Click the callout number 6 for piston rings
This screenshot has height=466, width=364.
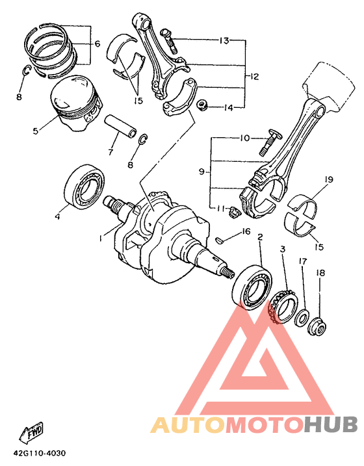click(97, 44)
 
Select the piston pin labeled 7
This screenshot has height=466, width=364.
click(120, 127)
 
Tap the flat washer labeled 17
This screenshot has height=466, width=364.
click(302, 318)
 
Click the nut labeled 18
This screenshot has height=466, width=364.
click(317, 326)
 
